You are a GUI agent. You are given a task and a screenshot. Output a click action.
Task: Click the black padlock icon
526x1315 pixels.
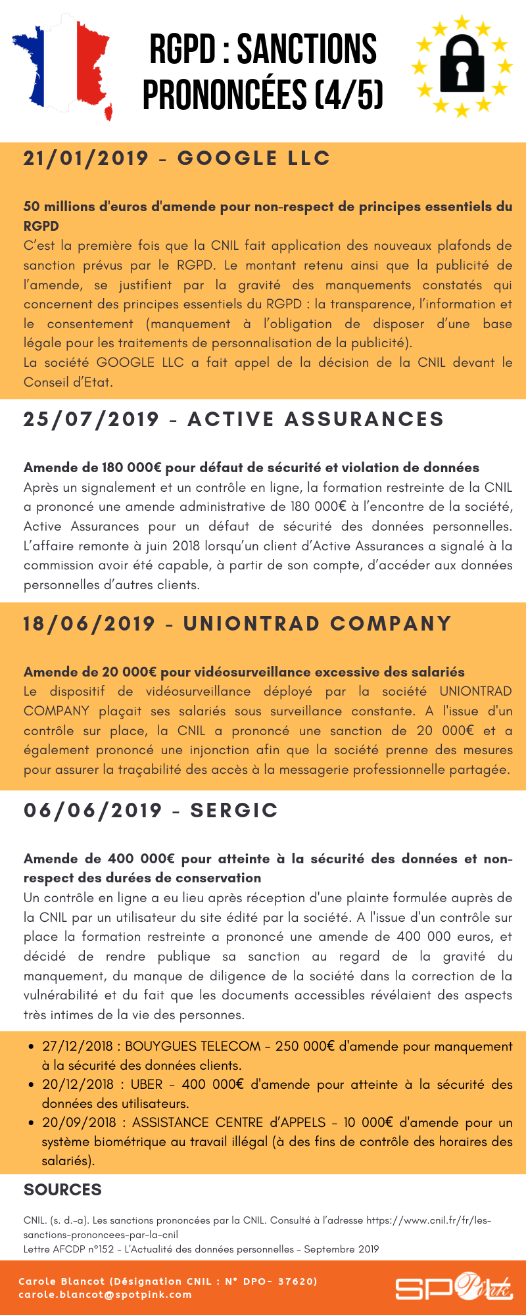tap(462, 64)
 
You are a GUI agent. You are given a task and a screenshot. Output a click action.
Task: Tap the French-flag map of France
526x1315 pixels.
tap(62, 66)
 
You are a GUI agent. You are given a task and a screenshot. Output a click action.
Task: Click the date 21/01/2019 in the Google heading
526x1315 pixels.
tap(86, 158)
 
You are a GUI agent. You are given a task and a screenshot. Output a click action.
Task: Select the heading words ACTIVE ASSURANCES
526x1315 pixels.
tap(316, 419)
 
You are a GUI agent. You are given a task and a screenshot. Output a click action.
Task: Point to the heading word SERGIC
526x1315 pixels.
tap(234, 811)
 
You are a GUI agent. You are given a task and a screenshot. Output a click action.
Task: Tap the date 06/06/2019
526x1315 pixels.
tap(93, 811)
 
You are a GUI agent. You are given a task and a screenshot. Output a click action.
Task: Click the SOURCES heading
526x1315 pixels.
tap(62, 1189)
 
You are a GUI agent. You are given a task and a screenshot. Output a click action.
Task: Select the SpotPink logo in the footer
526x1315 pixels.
tap(453, 1287)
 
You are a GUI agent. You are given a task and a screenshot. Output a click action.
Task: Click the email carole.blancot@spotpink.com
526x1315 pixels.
tap(105, 1295)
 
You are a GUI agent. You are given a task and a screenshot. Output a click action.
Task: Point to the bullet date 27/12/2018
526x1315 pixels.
tap(78, 1046)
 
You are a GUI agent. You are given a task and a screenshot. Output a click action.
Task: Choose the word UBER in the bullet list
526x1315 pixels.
tap(147, 1084)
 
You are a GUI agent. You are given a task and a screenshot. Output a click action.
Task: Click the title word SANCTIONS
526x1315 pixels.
tap(307, 49)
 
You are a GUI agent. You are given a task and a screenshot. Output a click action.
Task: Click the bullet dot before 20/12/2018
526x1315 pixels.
tap(31, 1085)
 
